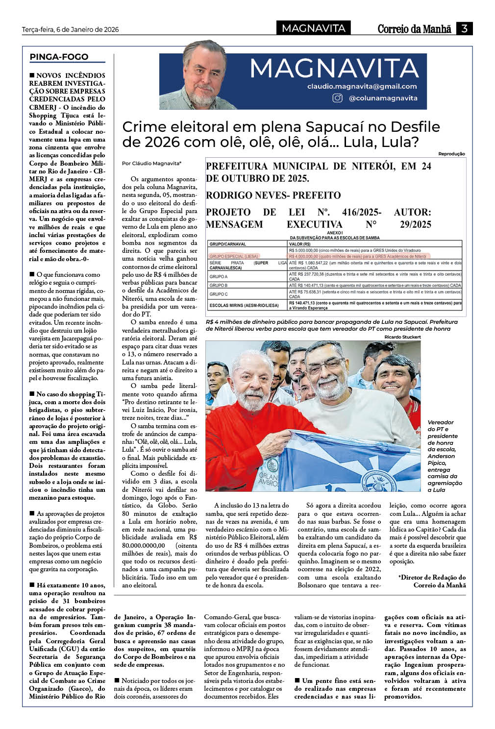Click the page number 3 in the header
coord(464,28)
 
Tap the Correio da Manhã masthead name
coord(414,29)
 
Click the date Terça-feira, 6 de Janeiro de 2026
coord(71,29)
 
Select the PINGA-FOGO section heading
coord(59,57)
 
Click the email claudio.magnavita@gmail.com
coord(362,86)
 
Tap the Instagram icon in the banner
coord(338,98)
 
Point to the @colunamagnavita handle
coord(383,98)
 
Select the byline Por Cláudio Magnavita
coord(151,163)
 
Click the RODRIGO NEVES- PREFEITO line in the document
coord(273,195)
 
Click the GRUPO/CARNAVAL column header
coord(227,243)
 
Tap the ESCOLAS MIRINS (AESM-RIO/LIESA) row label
coord(244,305)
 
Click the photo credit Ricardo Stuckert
coord(402,337)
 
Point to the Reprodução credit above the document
coord(451,154)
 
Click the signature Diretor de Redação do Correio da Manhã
coord(433,581)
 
